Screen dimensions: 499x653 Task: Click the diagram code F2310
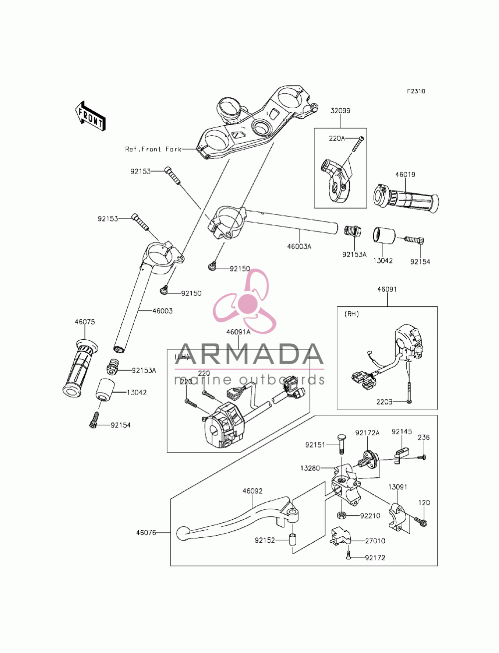click(416, 91)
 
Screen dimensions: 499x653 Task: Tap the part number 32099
click(340, 111)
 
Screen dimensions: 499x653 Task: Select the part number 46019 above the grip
click(405, 174)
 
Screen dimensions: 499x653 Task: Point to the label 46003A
click(299, 246)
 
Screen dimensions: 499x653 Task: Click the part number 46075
click(85, 322)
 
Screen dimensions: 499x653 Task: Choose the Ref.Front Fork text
click(153, 149)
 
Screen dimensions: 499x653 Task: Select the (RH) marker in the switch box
click(351, 314)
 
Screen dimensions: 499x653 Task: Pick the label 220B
click(384, 402)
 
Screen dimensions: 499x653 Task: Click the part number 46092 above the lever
click(252, 491)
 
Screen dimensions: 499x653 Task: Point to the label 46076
click(146, 532)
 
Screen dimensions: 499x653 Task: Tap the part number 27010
click(375, 541)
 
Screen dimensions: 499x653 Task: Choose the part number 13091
click(398, 487)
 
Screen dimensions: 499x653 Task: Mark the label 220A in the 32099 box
click(336, 138)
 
